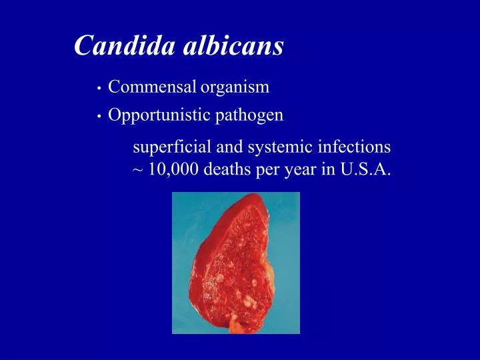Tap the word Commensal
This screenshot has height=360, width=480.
pyautogui.click(x=152, y=87)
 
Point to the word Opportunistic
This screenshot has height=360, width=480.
pyautogui.click(x=159, y=115)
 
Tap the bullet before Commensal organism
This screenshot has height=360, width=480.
pyautogui.click(x=98, y=88)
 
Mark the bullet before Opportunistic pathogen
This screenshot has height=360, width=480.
pyautogui.click(x=98, y=117)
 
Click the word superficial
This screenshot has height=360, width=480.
pyautogui.click(x=169, y=147)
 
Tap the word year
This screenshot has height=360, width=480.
pyautogui.click(x=301, y=170)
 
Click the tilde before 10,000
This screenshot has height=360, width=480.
pyautogui.click(x=137, y=169)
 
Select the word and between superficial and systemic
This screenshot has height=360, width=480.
pyautogui.click(x=229, y=146)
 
